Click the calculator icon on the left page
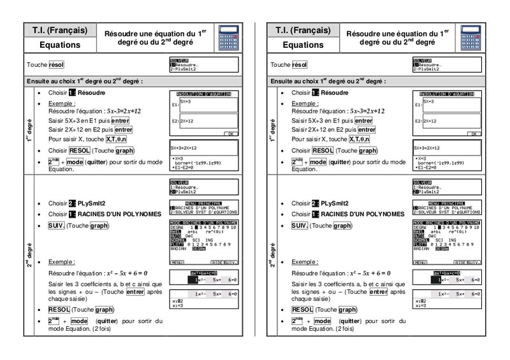(228, 38)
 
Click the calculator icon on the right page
(472, 38)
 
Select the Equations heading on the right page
(303, 45)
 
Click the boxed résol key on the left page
(56, 65)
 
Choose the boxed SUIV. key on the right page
(300, 226)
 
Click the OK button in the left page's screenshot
(231, 134)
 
